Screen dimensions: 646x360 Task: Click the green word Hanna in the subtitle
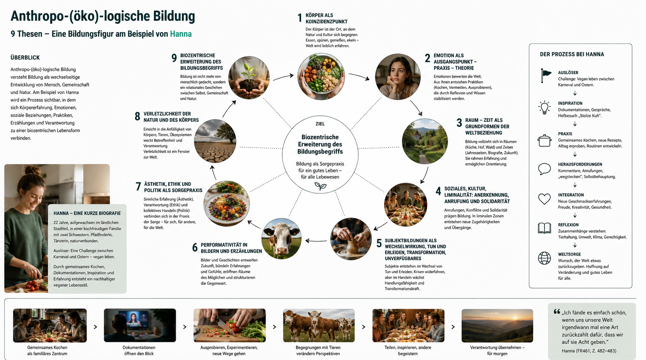click(x=181, y=34)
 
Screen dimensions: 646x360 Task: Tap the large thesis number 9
click(x=174, y=58)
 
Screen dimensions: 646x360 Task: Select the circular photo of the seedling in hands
click(x=249, y=78)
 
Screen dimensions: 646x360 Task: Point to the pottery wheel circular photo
click(x=351, y=239)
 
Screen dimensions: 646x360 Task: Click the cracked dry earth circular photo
click(x=215, y=142)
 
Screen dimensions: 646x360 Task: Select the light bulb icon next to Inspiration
click(x=544, y=108)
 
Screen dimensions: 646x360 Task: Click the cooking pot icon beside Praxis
click(x=544, y=140)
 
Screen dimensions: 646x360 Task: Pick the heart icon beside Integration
click(x=544, y=199)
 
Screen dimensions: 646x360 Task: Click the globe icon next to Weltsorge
click(x=544, y=258)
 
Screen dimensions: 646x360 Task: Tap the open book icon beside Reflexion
click(x=544, y=228)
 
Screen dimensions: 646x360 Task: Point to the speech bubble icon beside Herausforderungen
click(x=544, y=169)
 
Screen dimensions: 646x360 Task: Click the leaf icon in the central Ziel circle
click(x=320, y=186)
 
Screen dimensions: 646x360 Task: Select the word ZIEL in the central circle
click(x=320, y=124)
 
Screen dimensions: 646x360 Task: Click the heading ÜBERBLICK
click(x=25, y=57)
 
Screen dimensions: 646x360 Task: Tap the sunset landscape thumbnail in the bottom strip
click(x=497, y=326)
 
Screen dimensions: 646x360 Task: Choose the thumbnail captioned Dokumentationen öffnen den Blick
click(x=140, y=325)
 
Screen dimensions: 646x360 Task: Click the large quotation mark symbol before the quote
click(x=557, y=312)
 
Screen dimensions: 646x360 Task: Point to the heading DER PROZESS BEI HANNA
click(x=572, y=54)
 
